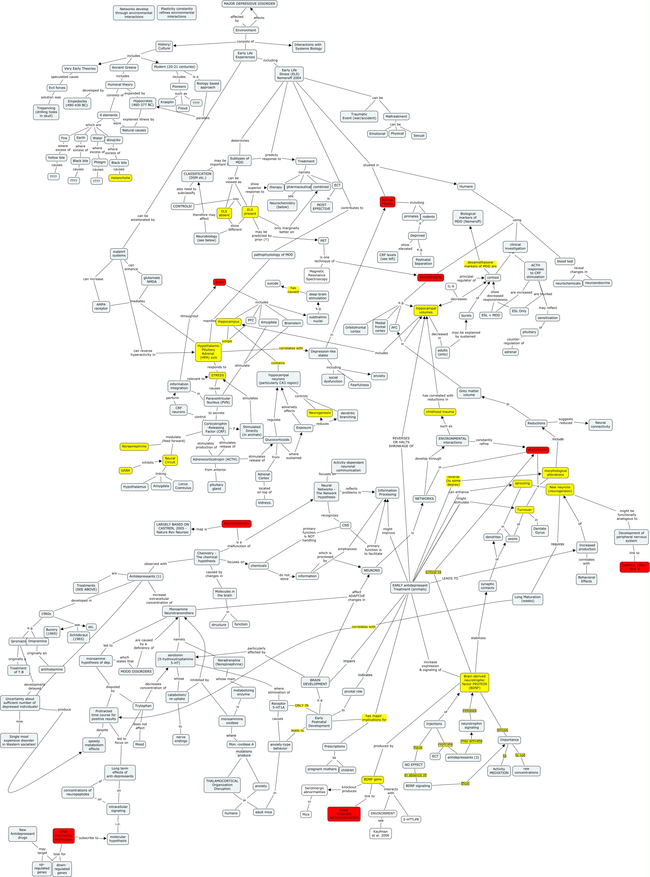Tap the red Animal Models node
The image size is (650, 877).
(x=387, y=202)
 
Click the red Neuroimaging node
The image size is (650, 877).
(x=430, y=277)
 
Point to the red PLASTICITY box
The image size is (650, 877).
(x=537, y=450)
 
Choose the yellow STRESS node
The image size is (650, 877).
(x=217, y=375)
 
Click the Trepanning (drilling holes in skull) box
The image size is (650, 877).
(x=47, y=112)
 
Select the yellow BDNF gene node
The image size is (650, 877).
(x=372, y=779)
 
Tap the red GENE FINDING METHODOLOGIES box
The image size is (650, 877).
(x=344, y=814)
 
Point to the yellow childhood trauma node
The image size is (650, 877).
(x=440, y=412)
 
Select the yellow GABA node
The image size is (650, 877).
(x=126, y=470)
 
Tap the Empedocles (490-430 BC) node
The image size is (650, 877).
(x=77, y=103)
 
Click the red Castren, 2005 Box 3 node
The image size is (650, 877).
(x=634, y=567)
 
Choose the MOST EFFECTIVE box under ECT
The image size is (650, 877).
(x=322, y=207)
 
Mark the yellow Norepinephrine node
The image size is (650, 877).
(x=134, y=446)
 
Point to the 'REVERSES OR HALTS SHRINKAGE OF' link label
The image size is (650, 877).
(x=401, y=442)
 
